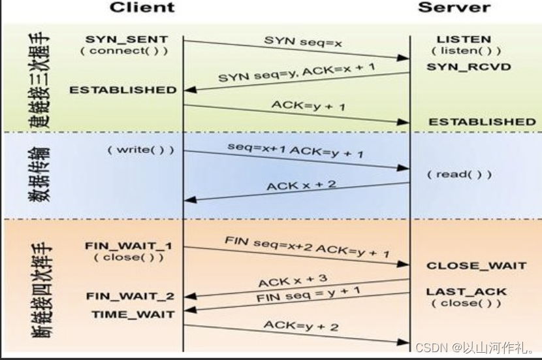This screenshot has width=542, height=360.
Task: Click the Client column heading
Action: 142,8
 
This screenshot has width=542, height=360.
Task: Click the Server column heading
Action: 454,8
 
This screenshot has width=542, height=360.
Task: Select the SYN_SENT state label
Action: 126,39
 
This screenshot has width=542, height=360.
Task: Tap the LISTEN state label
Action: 464,39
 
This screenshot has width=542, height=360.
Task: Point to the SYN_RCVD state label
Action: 469,67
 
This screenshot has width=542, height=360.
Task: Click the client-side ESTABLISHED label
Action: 123,90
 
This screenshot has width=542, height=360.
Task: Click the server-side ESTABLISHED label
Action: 482,122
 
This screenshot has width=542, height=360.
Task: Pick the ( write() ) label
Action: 141,150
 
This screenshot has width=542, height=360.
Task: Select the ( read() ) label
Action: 458,174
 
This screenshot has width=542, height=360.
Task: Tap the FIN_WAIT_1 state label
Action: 129,246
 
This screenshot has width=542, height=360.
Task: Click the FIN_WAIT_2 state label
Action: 130,296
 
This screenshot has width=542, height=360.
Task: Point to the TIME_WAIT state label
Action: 133,314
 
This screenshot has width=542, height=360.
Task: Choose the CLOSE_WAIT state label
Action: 476,265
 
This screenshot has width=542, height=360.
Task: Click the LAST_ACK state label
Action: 466,291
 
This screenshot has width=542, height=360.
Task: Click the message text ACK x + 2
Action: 300,186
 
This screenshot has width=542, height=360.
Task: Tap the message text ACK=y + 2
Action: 301,325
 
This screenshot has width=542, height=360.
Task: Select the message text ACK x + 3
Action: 293,281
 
